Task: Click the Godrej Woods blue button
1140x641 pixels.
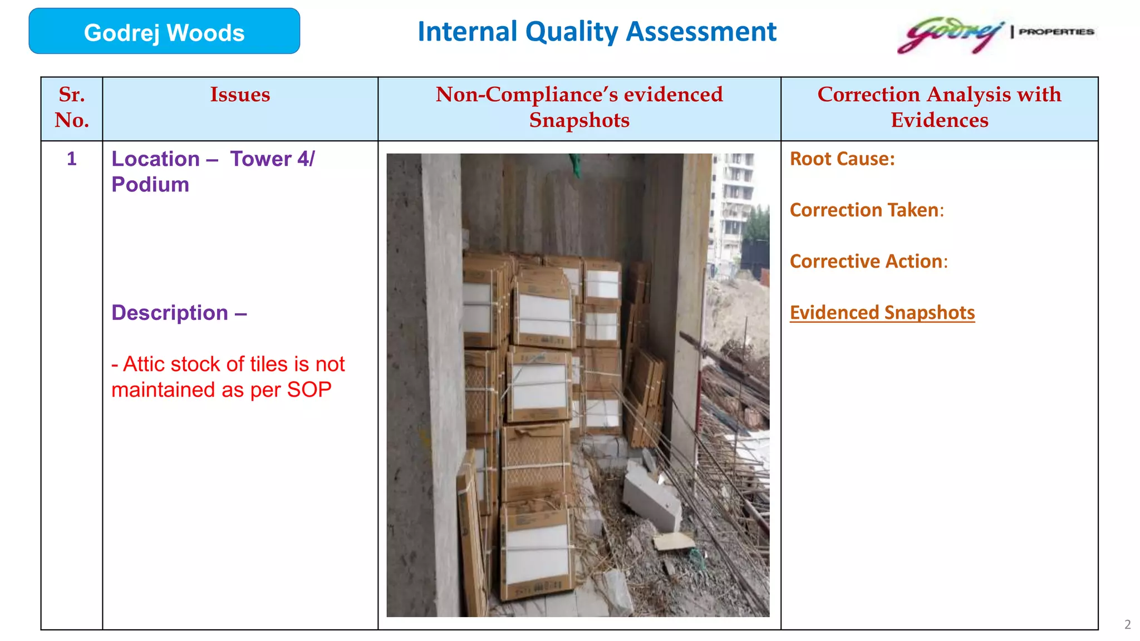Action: point(164,32)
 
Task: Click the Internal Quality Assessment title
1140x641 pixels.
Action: point(597,32)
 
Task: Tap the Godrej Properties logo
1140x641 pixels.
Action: point(995,34)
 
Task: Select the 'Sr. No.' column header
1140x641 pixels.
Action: point(72,107)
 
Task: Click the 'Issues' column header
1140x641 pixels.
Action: point(240,95)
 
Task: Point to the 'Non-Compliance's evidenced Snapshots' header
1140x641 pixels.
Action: point(579,107)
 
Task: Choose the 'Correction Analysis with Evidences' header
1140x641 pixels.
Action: point(939,107)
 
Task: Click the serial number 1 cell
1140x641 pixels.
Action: point(72,159)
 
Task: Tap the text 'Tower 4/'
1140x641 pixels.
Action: point(272,159)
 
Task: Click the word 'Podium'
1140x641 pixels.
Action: point(150,185)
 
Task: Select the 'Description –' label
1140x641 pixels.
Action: point(179,313)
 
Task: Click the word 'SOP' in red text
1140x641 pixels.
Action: point(309,390)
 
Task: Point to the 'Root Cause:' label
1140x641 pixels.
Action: point(842,159)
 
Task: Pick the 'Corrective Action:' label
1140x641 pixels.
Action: point(868,262)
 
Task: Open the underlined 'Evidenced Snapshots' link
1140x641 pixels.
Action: point(882,313)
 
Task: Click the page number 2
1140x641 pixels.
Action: point(1127,625)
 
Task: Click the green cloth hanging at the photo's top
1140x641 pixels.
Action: point(574,164)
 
